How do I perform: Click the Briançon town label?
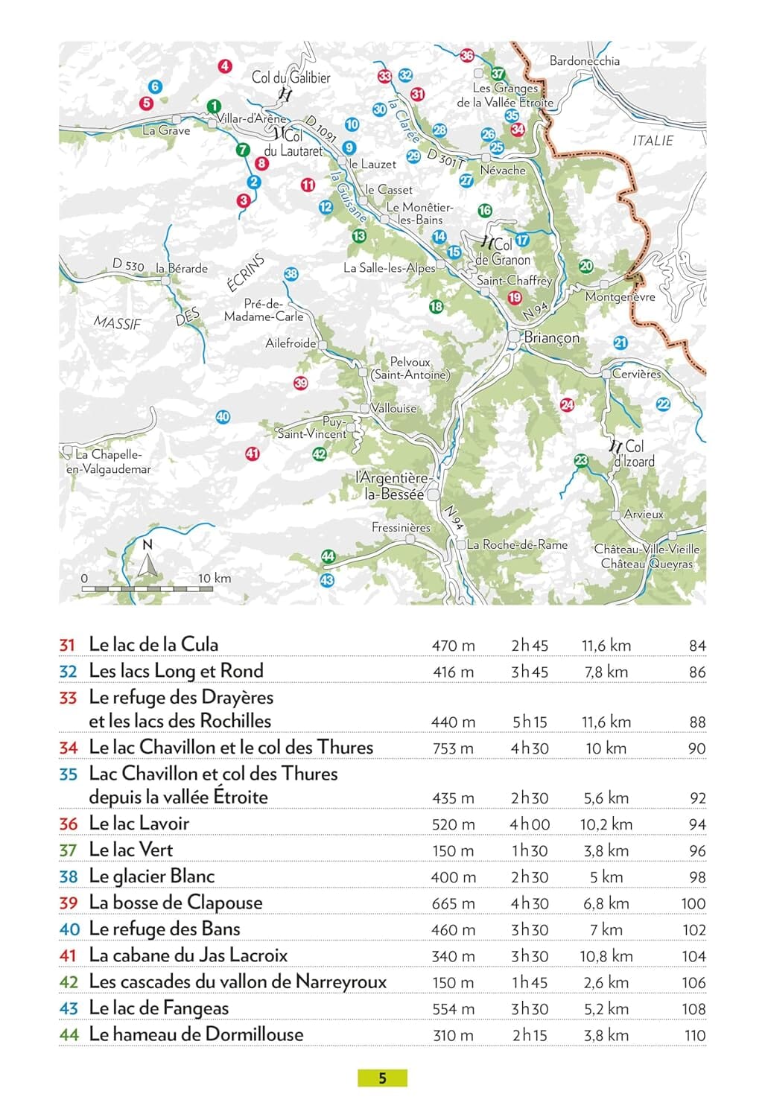click(x=551, y=337)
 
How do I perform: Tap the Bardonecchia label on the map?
click(x=584, y=61)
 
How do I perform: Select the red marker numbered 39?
click(x=300, y=384)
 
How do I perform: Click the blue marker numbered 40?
click(x=223, y=417)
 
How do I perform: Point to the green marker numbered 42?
click(x=320, y=454)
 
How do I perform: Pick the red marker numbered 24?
click(x=567, y=404)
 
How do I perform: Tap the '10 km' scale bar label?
click(x=215, y=579)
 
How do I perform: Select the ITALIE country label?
click(x=653, y=141)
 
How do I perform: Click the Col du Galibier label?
click(x=291, y=77)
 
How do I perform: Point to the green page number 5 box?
click(x=382, y=1078)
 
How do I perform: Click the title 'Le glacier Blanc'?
click(x=151, y=876)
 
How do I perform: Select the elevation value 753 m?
click(x=453, y=748)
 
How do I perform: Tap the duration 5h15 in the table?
click(x=530, y=722)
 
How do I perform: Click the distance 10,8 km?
click(x=606, y=956)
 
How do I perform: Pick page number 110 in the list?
click(x=694, y=1035)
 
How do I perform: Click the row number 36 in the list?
click(x=69, y=824)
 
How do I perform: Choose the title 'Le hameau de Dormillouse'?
click(x=196, y=1034)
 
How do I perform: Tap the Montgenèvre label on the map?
click(x=620, y=297)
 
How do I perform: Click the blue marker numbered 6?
click(x=155, y=86)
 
